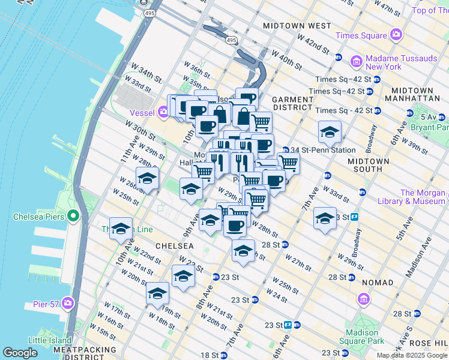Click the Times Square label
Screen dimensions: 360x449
(x=360, y=35)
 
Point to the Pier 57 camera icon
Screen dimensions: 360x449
(x=68, y=304)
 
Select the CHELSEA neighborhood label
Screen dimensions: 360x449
(x=175, y=246)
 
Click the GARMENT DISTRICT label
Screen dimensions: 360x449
(x=292, y=103)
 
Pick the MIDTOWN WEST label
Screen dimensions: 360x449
(x=297, y=26)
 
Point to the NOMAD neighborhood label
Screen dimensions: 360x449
(x=378, y=282)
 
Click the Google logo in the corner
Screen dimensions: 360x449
(x=20, y=353)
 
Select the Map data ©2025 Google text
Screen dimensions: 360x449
(x=412, y=355)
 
